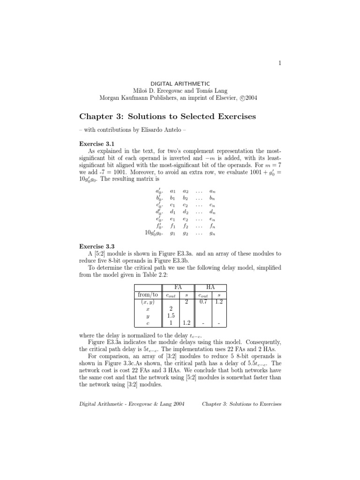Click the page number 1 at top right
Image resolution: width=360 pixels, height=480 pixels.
(x=280, y=64)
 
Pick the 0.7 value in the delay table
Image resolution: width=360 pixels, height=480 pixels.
(x=203, y=302)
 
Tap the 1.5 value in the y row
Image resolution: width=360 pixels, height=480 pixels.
(x=171, y=316)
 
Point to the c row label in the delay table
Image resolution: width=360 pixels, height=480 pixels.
(x=148, y=324)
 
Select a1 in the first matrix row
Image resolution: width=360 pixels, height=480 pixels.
(x=172, y=191)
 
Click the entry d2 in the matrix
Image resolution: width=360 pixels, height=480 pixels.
(x=186, y=211)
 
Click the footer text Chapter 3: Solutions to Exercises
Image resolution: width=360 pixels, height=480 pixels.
(x=241, y=404)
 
